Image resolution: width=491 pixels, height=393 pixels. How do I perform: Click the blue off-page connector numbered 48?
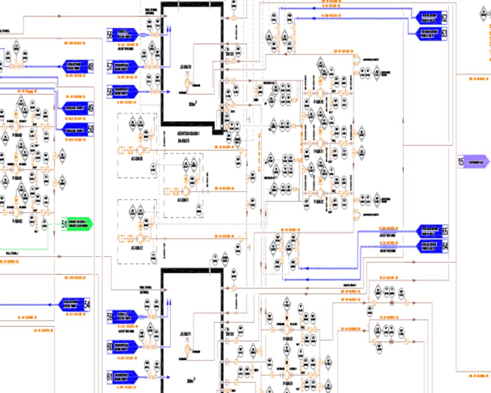[x=76, y=66]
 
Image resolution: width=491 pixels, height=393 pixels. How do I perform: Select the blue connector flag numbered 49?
[x=77, y=109]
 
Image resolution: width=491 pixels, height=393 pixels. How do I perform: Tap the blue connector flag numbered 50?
[x=77, y=129]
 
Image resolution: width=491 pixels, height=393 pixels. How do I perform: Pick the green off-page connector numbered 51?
[x=77, y=224]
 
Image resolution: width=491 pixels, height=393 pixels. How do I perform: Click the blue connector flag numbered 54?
[x=75, y=304]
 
